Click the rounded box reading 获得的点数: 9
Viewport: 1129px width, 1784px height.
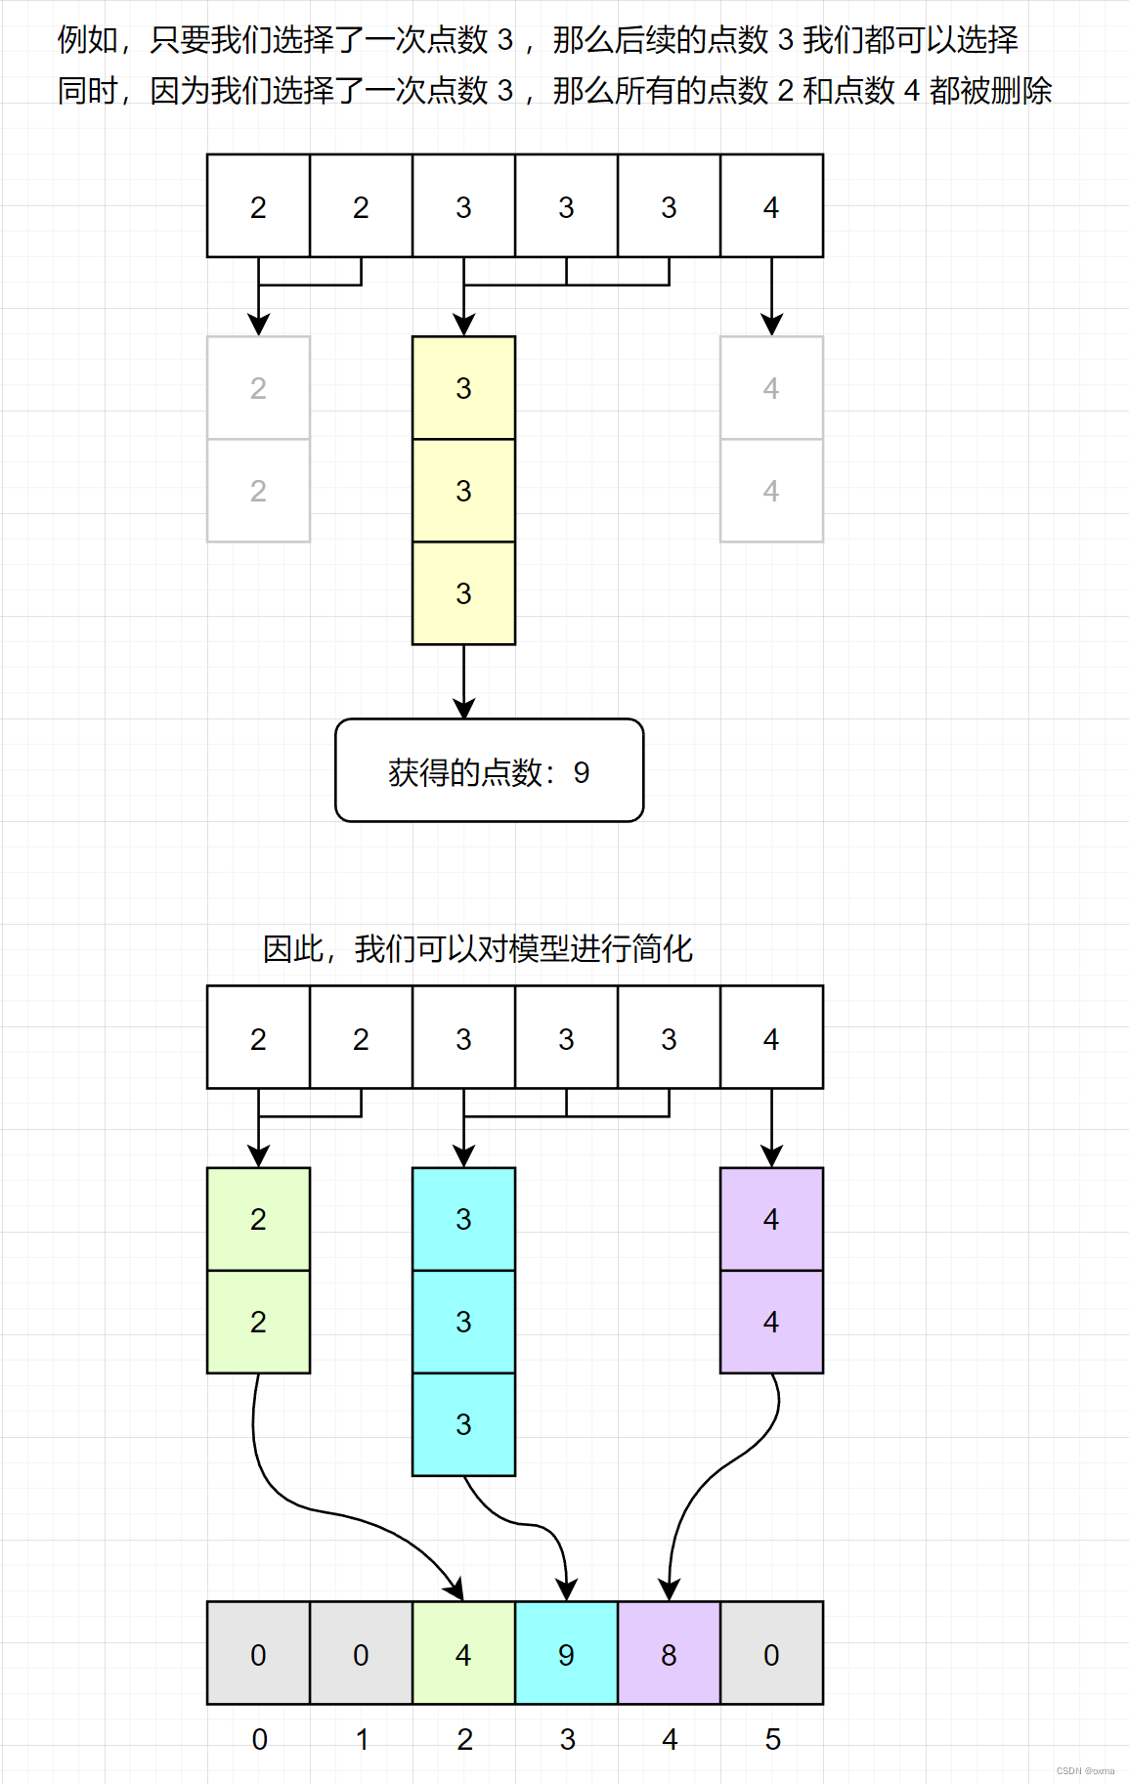coord(489,770)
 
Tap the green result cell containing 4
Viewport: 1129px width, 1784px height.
coord(463,1653)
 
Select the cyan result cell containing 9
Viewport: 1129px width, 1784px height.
coord(566,1653)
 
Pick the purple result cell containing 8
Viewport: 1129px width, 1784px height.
coord(669,1653)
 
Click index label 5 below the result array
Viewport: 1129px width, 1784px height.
coord(772,1739)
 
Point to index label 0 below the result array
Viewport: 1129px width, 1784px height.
coord(259,1739)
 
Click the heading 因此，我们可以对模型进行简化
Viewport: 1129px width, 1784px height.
coord(477,948)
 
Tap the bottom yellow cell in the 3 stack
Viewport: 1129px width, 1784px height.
coord(463,593)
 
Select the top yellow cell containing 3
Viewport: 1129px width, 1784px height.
coord(463,388)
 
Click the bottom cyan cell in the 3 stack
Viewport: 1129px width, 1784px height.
coord(463,1424)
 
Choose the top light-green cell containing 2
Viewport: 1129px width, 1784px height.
coord(258,1219)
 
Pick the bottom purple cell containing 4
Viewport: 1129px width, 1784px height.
coord(771,1322)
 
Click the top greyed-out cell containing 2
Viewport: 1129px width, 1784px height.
coord(258,388)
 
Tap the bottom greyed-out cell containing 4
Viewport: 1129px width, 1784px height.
coord(771,491)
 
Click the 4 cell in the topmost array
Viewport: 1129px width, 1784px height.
coord(771,206)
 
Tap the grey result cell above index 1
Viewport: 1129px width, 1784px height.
coord(361,1653)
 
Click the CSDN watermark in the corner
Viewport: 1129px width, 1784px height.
coord(1085,1770)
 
